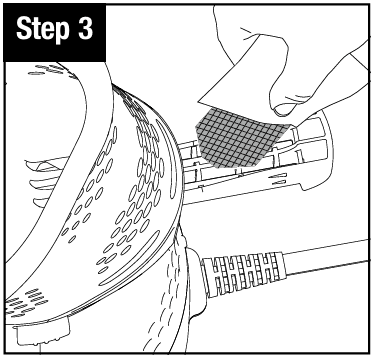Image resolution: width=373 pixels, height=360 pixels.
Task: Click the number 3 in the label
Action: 85,29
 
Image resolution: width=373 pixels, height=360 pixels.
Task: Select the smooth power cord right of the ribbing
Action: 328,258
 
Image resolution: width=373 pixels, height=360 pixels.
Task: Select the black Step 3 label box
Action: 54,32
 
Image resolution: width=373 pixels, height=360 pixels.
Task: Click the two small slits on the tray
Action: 279,179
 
